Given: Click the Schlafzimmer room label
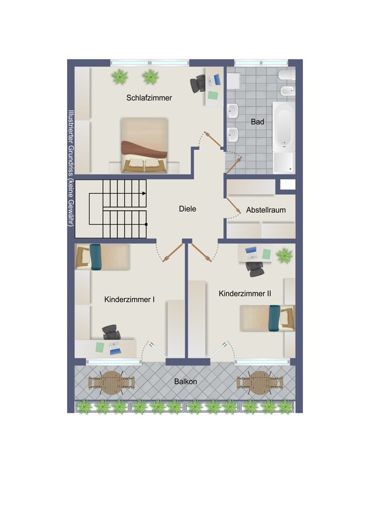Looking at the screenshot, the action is pos(149,98).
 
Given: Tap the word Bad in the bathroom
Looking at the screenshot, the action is pos(257,122).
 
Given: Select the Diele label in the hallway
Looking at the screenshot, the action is pos(188,209).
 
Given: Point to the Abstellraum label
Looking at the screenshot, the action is pos(266,210).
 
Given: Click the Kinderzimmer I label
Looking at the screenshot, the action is pos(129,299).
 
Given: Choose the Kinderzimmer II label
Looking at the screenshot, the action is pos(245,294).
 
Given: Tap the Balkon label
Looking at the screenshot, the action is pos(186,381).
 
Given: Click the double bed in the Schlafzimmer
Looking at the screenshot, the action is pos(144,145).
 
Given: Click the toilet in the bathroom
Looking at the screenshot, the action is pos(287,74).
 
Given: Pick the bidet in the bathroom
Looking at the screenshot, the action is pos(287,90).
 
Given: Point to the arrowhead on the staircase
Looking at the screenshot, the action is pos(144,193).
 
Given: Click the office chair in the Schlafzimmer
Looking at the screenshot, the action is pos(198,83).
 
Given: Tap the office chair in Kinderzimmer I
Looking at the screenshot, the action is pos(112,332).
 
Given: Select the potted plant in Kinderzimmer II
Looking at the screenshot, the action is pos(285,255).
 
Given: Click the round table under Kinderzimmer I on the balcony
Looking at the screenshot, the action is pos(112,383).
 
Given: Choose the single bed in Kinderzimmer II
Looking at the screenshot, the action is pos(267,318).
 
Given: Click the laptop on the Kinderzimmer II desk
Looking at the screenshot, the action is pos(251,253).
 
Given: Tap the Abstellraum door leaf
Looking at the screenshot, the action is pos(234,205).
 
